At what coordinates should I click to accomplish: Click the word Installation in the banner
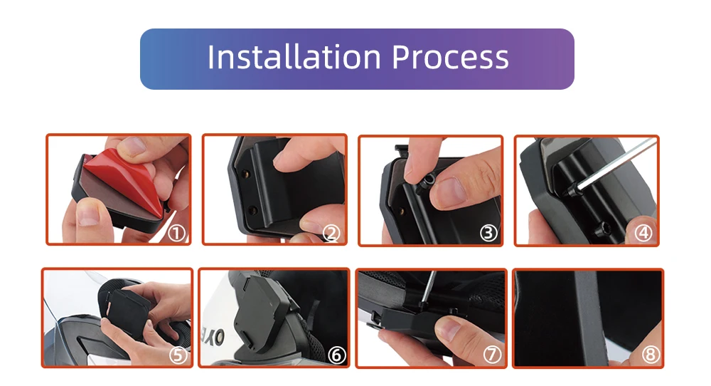tap(294, 57)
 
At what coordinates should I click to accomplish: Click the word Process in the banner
tap(450, 58)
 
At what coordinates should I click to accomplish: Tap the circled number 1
tap(177, 234)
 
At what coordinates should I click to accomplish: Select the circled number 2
tap(331, 234)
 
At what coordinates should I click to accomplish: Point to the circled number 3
tap(488, 234)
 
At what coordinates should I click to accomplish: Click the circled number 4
tap(643, 234)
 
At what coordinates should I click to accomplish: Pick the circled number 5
tap(178, 355)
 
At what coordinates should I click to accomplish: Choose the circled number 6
tap(336, 355)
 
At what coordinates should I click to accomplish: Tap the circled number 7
tap(493, 355)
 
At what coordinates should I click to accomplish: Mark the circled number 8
tap(651, 355)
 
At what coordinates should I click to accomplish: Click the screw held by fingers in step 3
tap(426, 181)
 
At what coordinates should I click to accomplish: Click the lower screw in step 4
tap(601, 228)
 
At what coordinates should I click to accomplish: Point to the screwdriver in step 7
tap(427, 291)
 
